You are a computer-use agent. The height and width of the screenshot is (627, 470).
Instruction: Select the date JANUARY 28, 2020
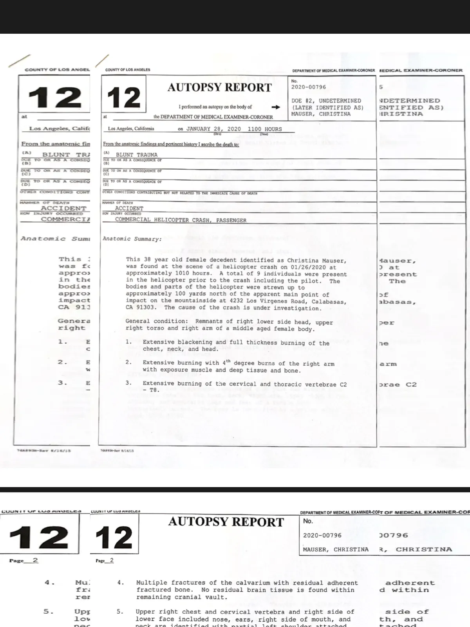pos(213,129)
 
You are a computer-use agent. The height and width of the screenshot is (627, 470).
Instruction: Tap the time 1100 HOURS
pos(265,129)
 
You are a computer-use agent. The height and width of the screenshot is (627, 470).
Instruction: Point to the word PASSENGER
pos(231,221)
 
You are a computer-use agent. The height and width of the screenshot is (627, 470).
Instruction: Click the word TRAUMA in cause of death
pos(147,155)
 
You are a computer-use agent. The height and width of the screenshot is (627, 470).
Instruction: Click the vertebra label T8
pos(154,390)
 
